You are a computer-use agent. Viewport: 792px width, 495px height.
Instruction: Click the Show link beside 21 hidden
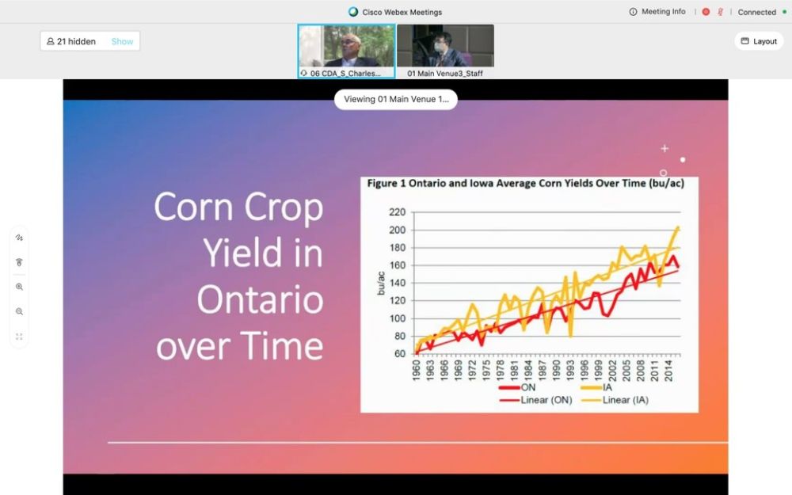coord(122,41)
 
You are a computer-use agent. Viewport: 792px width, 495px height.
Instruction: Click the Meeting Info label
coord(663,12)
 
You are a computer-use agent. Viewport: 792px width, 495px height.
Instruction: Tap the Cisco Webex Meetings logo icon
coord(353,12)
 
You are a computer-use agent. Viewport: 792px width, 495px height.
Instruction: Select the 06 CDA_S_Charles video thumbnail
coord(347,51)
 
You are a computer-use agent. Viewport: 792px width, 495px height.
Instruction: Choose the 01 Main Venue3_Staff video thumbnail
coord(445,51)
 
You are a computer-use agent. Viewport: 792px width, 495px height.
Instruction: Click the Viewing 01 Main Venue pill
coord(396,99)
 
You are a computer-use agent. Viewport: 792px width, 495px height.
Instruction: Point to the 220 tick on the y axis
coord(397,212)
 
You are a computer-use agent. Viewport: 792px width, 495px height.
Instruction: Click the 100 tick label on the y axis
coord(397,318)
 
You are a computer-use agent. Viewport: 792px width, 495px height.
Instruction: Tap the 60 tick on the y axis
coord(400,353)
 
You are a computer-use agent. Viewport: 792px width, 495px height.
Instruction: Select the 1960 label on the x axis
coord(417,370)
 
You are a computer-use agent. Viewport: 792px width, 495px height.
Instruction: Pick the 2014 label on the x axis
coord(668,370)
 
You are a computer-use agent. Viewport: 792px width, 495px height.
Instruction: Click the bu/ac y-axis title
coord(381,284)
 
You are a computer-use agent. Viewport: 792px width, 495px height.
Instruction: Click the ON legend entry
coord(516,387)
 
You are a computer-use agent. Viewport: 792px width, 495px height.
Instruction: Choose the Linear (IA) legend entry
coord(615,400)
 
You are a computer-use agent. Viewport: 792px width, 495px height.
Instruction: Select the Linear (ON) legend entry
coord(535,400)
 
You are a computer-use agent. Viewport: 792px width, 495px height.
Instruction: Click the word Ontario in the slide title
coord(260,299)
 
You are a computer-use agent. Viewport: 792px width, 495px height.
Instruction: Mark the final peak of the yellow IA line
coord(678,228)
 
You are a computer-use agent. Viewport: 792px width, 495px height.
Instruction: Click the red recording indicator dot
coord(706,12)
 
